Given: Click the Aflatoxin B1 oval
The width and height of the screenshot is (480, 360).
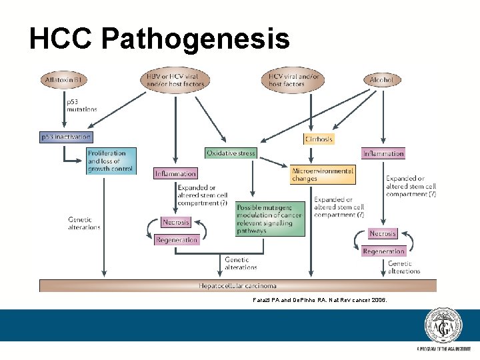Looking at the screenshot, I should click(65, 81).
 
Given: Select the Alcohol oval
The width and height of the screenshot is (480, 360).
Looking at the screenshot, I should click(382, 80).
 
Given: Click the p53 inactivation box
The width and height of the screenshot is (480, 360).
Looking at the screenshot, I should click(65, 137).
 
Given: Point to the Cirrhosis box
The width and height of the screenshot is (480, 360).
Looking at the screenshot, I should click(318, 139).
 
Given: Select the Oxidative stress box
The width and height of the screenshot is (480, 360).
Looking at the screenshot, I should click(231, 153).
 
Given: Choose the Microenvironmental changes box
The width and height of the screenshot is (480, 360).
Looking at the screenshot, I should click(323, 175).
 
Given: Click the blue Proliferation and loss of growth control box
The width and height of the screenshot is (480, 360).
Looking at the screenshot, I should click(111, 161).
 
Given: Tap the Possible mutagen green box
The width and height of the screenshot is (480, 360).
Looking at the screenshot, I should click(269, 219).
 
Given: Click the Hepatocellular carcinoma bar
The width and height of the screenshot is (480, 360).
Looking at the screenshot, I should click(237, 286).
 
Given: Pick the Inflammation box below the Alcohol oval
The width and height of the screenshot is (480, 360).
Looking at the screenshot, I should click(383, 153).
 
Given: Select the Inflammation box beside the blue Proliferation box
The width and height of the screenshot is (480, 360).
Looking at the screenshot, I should click(175, 173).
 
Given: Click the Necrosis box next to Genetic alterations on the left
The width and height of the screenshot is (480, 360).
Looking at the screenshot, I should click(176, 222).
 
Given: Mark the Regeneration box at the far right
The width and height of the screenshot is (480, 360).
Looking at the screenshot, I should click(383, 251).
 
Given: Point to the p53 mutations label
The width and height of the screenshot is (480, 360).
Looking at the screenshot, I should click(81, 105).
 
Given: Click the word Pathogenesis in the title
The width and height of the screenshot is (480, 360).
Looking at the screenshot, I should click(195, 39).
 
